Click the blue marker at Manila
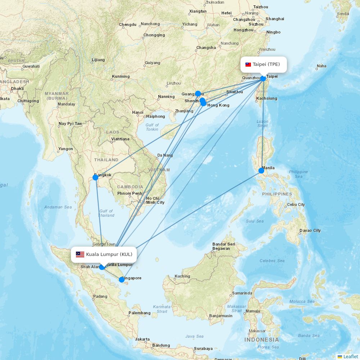(x=261, y=171)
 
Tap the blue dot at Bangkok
(x=95, y=177)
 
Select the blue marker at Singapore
(x=122, y=280)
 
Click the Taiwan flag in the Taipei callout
(x=248, y=65)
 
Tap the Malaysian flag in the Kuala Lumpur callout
(x=80, y=255)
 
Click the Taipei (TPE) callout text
(x=266, y=64)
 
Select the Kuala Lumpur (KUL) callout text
(x=109, y=255)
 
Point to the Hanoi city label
(x=138, y=112)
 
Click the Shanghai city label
(x=275, y=19)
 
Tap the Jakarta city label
(x=142, y=339)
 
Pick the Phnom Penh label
(x=130, y=193)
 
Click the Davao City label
(x=310, y=230)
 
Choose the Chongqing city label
(x=154, y=35)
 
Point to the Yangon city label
(x=66, y=149)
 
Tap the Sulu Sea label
(x=255, y=221)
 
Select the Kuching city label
(x=182, y=276)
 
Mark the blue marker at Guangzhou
(x=198, y=94)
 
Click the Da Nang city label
(x=165, y=156)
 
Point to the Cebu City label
(x=296, y=204)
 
